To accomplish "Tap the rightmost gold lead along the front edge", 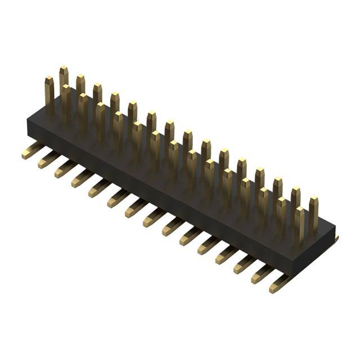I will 280,284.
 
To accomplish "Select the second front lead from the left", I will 48,160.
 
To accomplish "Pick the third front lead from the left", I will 65,169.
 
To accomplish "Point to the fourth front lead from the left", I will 82,178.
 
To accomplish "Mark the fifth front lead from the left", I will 99,187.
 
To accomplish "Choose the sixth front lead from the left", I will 118,197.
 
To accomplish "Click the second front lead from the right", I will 262,274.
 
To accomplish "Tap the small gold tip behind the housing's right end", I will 336,240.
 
